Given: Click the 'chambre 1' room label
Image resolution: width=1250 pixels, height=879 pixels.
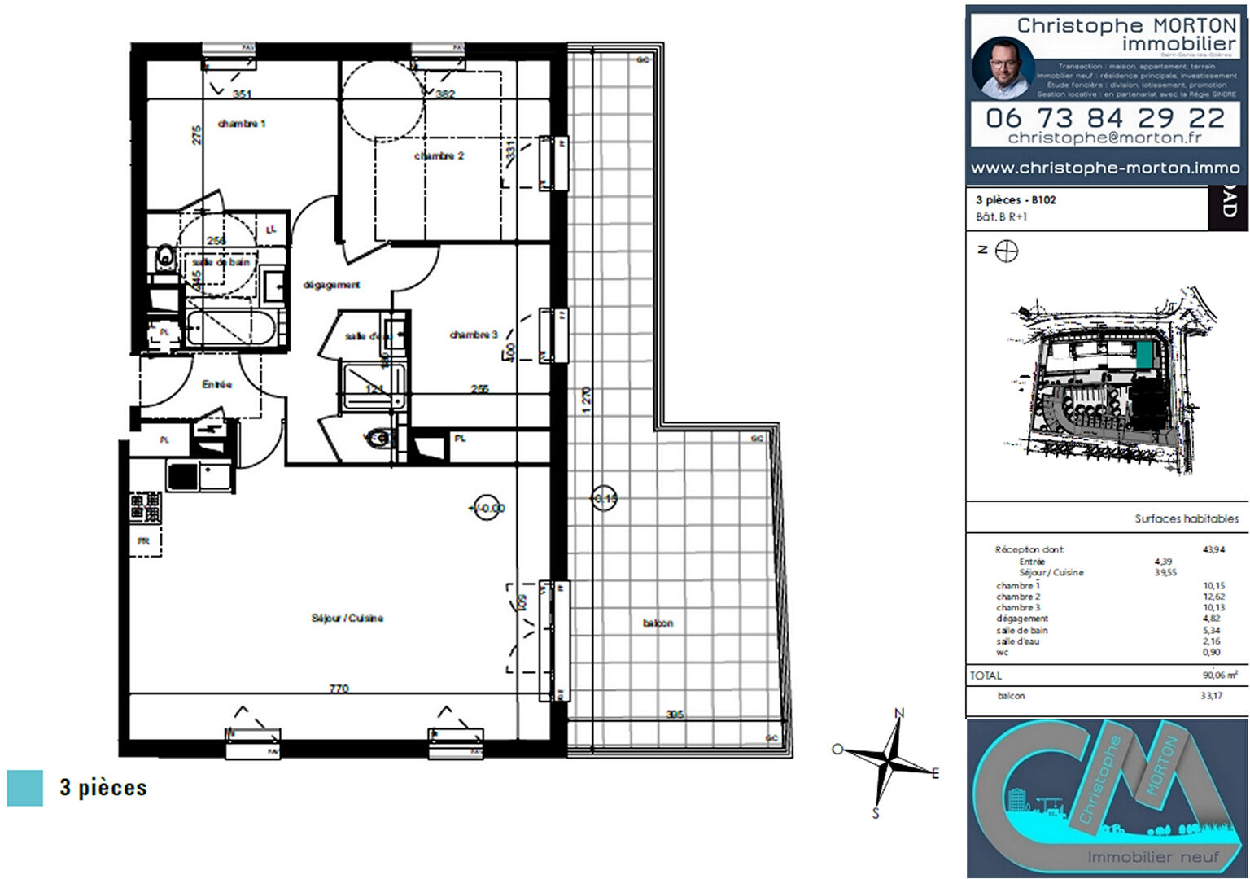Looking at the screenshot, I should [242, 124].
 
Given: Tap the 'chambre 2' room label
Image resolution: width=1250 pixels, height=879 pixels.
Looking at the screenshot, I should [439, 155].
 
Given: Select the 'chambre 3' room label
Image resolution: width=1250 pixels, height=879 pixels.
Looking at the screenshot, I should [473, 335].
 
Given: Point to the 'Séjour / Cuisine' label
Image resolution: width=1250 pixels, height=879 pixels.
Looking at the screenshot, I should [347, 618].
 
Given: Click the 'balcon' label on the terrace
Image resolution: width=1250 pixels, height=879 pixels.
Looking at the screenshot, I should [658, 623].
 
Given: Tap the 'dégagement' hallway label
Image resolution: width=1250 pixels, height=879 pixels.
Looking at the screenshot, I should [331, 285].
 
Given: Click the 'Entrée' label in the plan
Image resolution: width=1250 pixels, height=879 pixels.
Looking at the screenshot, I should [216, 384].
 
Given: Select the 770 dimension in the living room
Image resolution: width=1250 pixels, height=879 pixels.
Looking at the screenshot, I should [339, 689].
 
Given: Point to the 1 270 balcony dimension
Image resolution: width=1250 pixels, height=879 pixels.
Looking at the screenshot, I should [587, 400].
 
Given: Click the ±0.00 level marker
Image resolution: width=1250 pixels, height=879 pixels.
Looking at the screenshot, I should [488, 508].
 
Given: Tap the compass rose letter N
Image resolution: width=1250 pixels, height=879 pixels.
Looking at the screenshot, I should [899, 713].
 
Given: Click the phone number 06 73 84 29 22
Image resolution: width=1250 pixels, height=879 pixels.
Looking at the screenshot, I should [1104, 118].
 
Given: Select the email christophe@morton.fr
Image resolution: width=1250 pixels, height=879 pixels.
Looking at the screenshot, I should [1104, 138].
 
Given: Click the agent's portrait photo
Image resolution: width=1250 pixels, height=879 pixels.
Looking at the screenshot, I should [1003, 67].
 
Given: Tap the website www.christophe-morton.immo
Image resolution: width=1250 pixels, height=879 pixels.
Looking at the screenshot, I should [1104, 168].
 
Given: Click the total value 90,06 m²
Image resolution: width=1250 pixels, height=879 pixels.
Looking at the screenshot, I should [1219, 675].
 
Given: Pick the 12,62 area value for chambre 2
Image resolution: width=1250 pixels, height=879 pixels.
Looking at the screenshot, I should [1213, 597].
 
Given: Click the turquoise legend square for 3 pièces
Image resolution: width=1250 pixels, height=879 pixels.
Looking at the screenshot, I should [25, 788].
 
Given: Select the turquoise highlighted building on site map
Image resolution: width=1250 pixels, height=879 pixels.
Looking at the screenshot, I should [1144, 354].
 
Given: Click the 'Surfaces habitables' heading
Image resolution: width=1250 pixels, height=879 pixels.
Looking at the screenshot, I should [1187, 518].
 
